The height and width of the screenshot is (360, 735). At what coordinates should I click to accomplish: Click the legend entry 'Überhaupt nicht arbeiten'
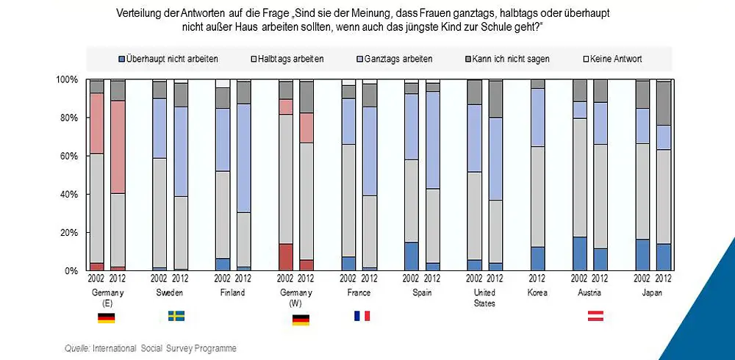(171, 59)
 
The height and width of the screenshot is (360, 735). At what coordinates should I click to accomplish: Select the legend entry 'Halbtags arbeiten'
(290, 59)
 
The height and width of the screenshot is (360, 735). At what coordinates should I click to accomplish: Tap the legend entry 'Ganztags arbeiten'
(397, 59)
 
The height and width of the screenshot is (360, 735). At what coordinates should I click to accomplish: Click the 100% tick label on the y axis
(68, 79)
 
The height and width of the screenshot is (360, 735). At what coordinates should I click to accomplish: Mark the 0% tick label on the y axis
(72, 271)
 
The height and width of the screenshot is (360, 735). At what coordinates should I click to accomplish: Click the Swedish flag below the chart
(176, 316)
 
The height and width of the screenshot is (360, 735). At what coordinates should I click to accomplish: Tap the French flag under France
(362, 316)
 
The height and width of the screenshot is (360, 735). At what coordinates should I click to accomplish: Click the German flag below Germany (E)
(106, 318)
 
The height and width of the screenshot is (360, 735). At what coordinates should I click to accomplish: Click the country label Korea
(537, 292)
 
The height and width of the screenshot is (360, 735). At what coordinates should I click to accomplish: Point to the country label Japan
(653, 292)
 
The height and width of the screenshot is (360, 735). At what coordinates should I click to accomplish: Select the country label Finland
(233, 292)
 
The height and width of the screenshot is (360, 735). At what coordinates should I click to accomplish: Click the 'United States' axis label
(484, 298)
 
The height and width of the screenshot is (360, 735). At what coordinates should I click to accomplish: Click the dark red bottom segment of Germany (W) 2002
(285, 257)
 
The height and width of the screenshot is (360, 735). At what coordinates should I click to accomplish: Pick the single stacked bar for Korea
(537, 176)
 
